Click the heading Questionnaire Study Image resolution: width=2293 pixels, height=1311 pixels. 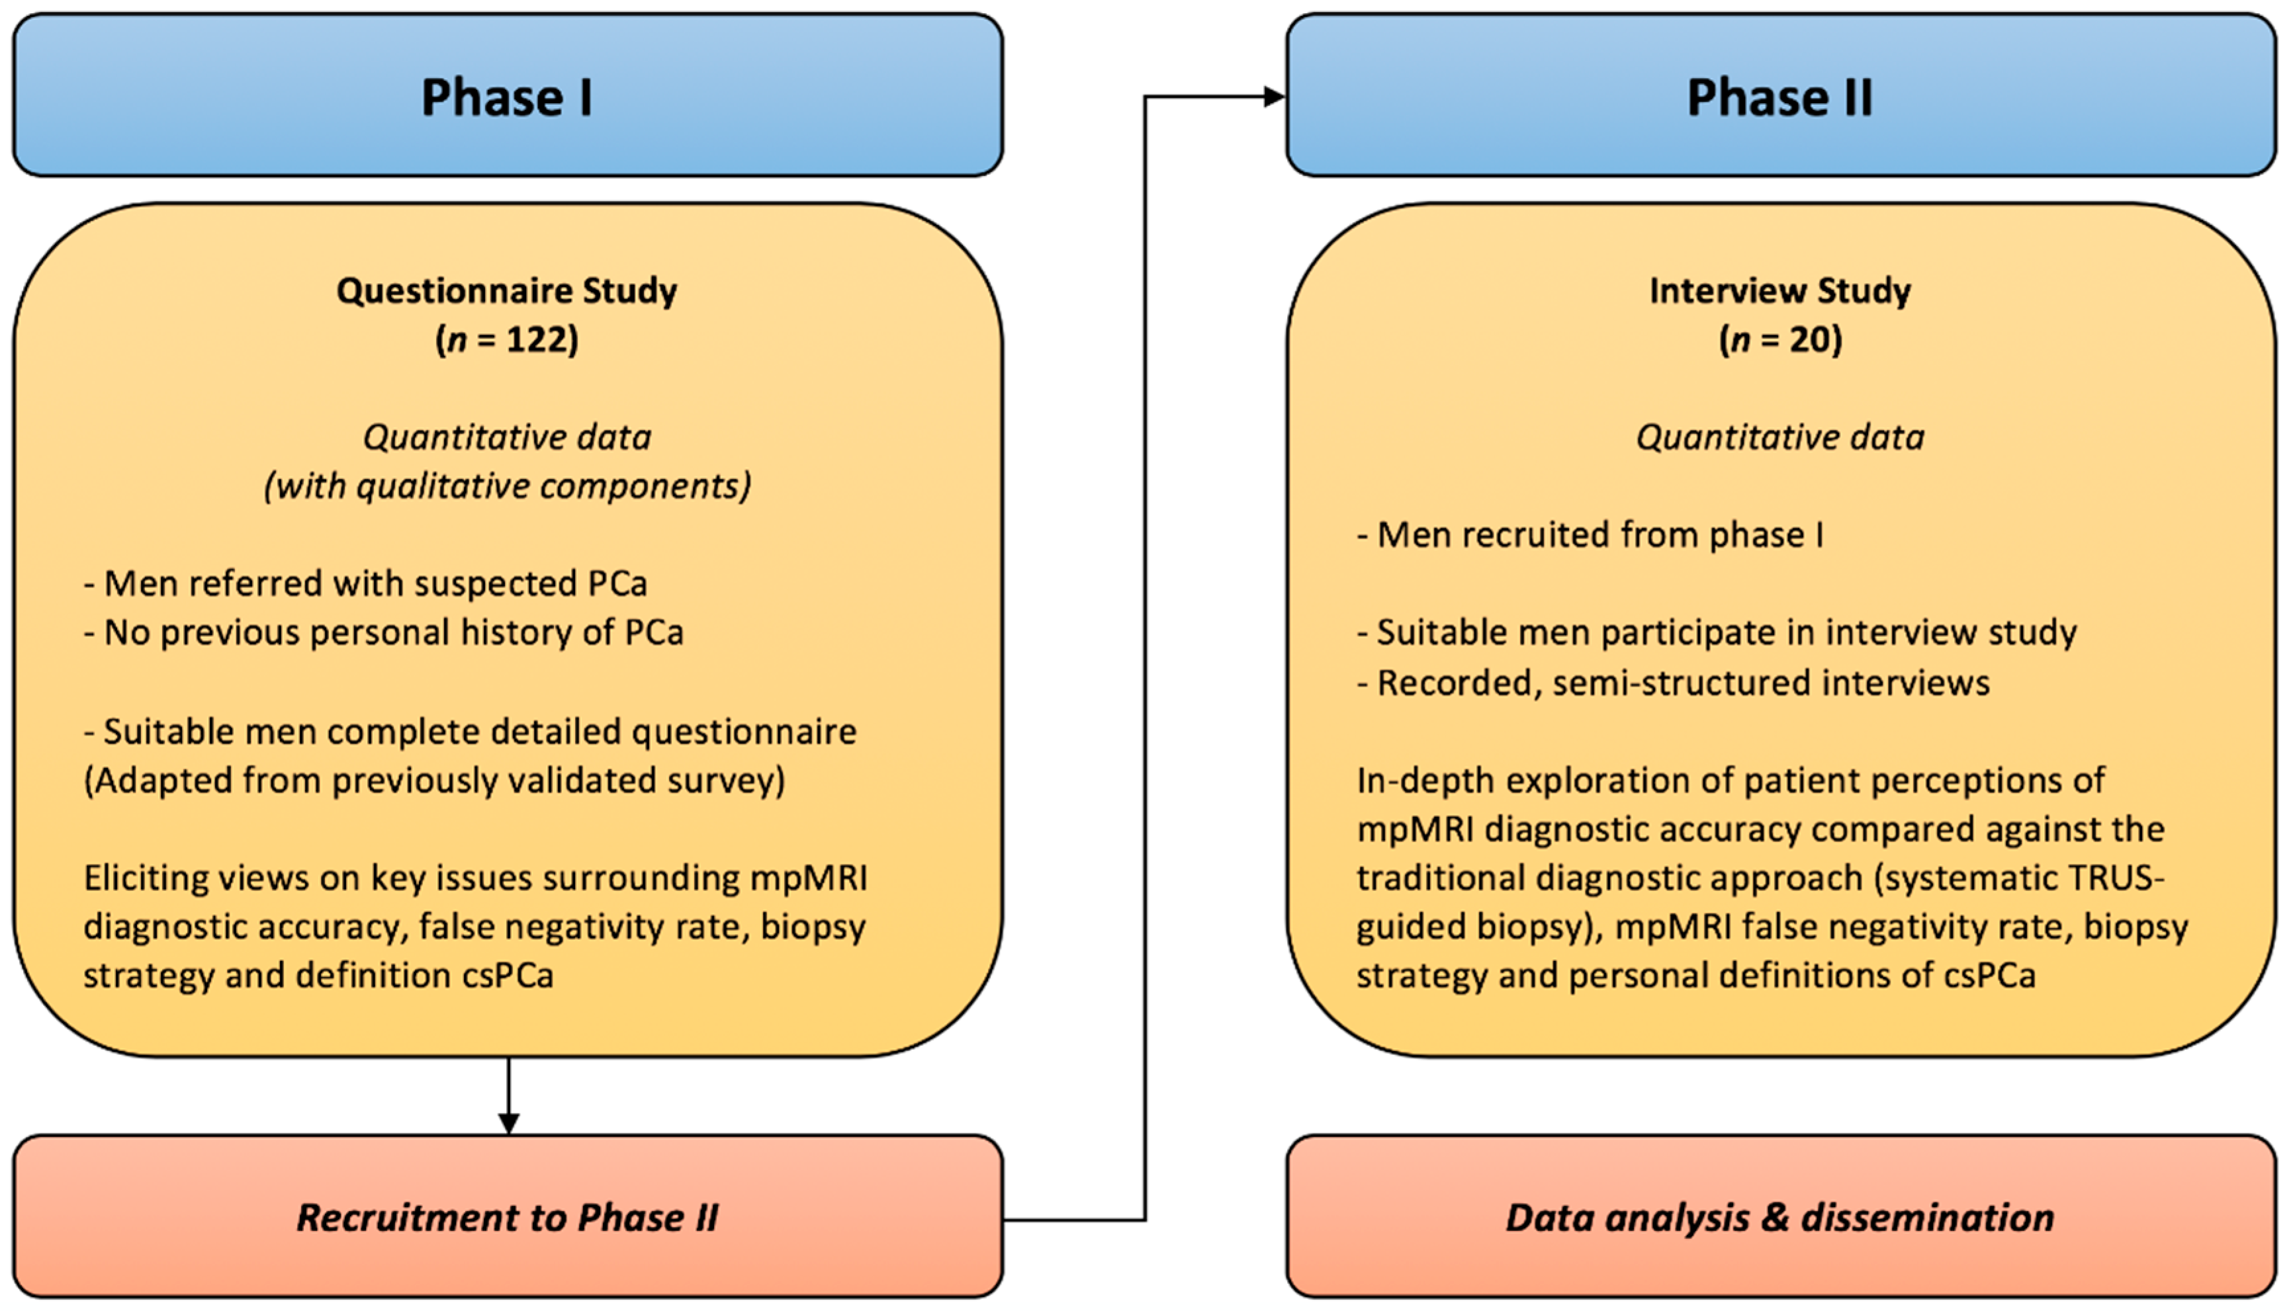pyautogui.click(x=507, y=291)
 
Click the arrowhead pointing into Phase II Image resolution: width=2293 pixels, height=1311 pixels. pyautogui.click(x=1273, y=97)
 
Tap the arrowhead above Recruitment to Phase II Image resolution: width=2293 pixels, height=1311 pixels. pyautogui.click(x=509, y=1122)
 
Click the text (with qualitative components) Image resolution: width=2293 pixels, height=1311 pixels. pyautogui.click(x=507, y=486)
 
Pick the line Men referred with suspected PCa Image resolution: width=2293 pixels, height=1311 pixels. pyautogui.click(x=366, y=583)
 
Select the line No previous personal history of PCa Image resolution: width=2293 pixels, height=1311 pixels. pyautogui.click(x=384, y=632)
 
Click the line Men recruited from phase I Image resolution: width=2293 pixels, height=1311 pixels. pyautogui.click(x=1590, y=535)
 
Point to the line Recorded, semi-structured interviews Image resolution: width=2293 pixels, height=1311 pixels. pyautogui.click(x=1674, y=683)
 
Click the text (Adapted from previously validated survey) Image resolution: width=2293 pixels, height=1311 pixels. pyautogui.click(x=434, y=780)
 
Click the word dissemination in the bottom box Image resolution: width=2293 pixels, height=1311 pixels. pyautogui.click(x=1927, y=1216)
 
